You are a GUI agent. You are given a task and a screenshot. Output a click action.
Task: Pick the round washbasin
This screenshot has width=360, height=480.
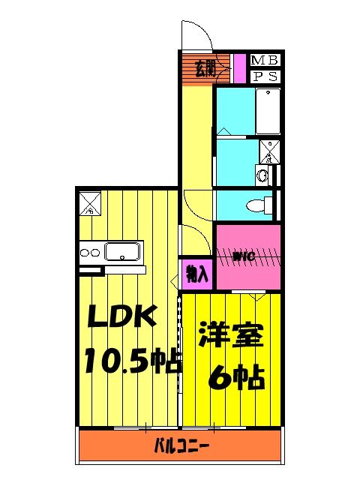(x=262, y=176)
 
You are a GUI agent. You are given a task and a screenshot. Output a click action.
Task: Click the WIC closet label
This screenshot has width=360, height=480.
(x=244, y=256)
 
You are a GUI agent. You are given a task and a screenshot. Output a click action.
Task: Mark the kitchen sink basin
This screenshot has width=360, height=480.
(x=122, y=250)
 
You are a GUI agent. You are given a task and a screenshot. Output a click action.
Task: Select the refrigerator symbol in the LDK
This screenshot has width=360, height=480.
(x=89, y=203)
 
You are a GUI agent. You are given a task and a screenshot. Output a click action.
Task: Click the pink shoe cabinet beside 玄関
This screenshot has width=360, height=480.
(x=239, y=68)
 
